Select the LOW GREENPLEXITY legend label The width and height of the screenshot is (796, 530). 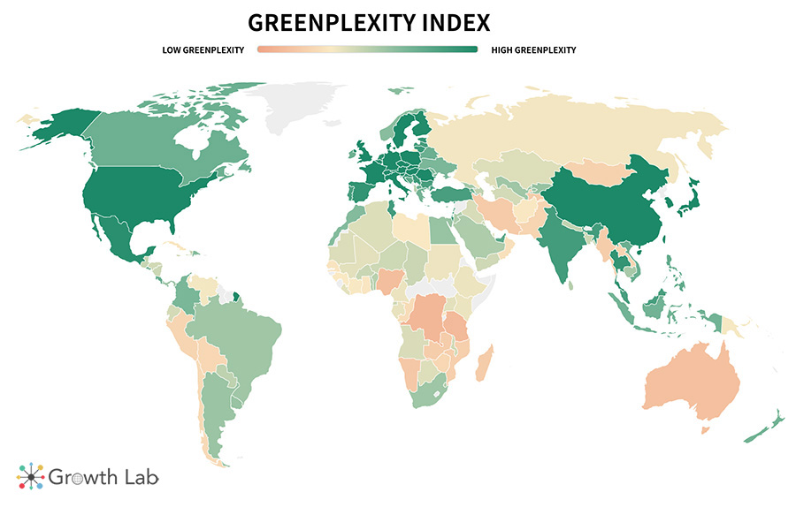point(203,49)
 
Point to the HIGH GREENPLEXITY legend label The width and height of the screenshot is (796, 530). point(533,49)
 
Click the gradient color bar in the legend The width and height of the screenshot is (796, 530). point(367,49)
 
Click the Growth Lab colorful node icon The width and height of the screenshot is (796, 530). point(30,477)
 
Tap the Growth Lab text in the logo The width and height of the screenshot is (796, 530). point(103,478)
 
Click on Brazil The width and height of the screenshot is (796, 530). point(239,327)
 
